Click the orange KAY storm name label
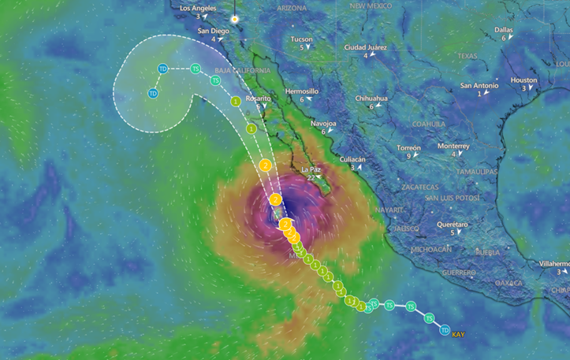point(458,335)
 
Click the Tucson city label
point(301,39)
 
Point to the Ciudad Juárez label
point(366,47)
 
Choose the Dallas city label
point(504,29)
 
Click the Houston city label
point(523,80)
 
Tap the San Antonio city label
point(479,85)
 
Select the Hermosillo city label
point(302,91)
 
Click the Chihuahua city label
point(371,98)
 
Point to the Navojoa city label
point(323,123)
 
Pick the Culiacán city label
point(352,158)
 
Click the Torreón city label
point(408,147)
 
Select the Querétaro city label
point(452,224)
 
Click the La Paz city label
point(311,169)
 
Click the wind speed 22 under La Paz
point(311,177)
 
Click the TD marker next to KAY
point(445,330)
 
